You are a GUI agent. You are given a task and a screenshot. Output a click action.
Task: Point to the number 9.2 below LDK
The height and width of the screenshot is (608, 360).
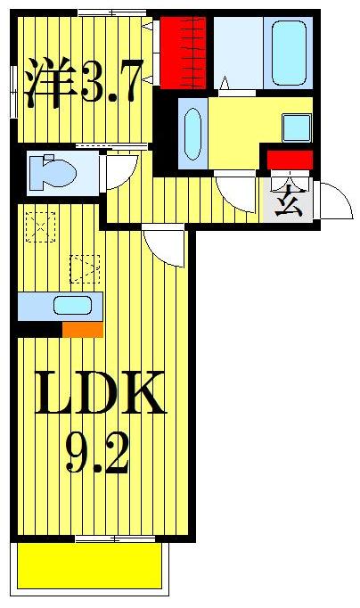coord(98,455)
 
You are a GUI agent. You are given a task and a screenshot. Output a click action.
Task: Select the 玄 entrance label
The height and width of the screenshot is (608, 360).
coord(286,204)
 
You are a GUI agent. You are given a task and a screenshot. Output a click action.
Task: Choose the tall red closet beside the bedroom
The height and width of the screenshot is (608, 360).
coord(184,53)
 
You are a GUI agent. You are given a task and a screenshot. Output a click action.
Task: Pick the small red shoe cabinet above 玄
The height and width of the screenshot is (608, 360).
coord(290,160)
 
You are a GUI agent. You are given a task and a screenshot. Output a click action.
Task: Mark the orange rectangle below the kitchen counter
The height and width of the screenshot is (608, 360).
coord(82,330)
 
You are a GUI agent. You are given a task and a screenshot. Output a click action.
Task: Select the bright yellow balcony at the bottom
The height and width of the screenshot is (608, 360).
coord(88,566)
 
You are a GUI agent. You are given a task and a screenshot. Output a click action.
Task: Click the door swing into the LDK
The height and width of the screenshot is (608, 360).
coord(162,243)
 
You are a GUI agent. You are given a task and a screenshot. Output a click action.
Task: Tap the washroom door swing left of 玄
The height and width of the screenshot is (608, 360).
coord(236,190)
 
